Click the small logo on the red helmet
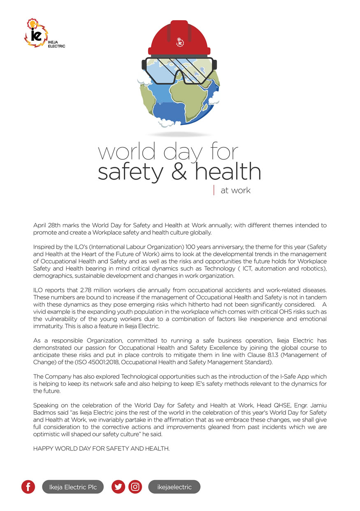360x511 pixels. pyautogui.click(x=180, y=42)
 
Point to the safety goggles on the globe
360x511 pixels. pyautogui.click(x=180, y=70)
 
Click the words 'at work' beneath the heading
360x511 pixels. pyautogui.click(x=235, y=191)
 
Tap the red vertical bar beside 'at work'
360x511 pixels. pyautogui.click(x=214, y=190)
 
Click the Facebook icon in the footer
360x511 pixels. pyautogui.click(x=28, y=487)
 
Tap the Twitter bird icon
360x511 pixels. pyautogui.click(x=118, y=487)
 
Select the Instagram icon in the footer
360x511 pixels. pyautogui.click(x=135, y=487)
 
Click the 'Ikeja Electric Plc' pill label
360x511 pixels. pyautogui.click(x=73, y=487)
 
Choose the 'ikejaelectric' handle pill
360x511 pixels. pyautogui.click(x=174, y=487)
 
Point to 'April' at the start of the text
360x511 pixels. pyautogui.click(x=40, y=226)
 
